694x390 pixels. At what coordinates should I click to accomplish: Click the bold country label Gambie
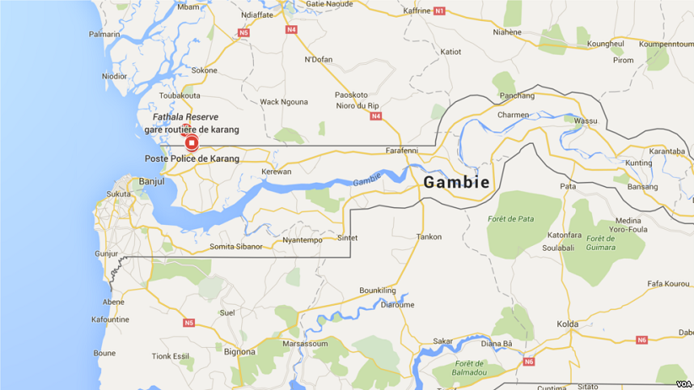click(455, 183)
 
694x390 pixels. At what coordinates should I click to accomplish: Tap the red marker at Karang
click(191, 143)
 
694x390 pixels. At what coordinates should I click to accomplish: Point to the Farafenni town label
click(402, 150)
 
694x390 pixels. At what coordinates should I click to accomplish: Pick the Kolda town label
click(568, 324)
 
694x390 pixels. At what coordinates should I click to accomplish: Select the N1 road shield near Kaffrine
click(439, 11)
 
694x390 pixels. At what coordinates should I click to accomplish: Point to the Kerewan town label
click(277, 172)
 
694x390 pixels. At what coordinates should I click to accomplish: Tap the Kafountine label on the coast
click(110, 319)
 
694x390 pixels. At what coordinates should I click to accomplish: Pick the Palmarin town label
click(104, 35)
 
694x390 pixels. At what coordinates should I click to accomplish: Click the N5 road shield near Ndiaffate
click(245, 33)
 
